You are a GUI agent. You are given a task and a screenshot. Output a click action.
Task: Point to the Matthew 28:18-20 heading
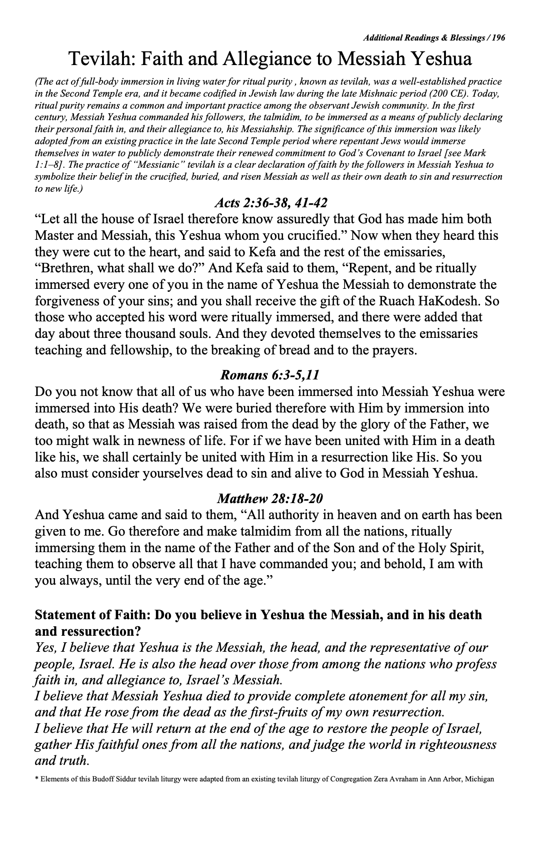(x=270, y=499)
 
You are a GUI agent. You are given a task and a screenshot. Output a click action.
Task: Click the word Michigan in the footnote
(x=479, y=779)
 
